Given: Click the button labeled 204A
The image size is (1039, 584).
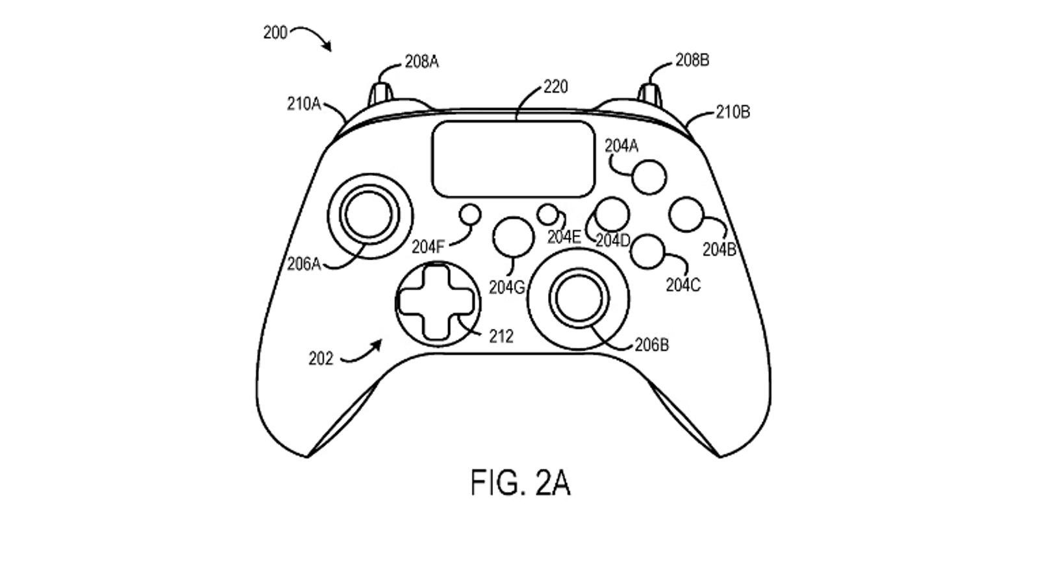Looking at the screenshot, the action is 649,177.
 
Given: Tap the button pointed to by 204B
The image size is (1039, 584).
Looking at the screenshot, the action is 686,214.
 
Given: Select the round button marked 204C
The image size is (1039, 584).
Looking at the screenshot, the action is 647,252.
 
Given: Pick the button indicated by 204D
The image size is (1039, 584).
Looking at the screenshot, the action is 612,214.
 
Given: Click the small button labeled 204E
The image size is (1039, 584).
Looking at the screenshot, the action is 548,215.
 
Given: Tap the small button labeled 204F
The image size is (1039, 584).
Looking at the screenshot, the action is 470,215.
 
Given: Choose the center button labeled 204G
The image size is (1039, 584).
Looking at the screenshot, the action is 513,237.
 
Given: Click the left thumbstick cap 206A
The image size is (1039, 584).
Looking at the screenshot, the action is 369,215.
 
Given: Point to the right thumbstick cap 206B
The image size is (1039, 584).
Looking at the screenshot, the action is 579,298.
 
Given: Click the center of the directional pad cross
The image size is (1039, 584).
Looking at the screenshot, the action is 436,302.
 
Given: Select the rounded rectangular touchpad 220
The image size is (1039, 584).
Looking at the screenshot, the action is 514,159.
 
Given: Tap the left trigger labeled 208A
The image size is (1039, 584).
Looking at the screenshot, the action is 381,95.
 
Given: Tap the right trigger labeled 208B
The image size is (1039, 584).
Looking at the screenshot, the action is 649,93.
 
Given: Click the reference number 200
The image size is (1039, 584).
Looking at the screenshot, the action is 275,32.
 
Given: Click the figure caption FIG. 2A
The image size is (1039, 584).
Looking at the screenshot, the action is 520,483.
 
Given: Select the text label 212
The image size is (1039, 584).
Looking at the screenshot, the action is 501,337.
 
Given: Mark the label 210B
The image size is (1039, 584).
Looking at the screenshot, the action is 732,112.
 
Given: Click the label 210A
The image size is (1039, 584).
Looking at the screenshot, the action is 304,104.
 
